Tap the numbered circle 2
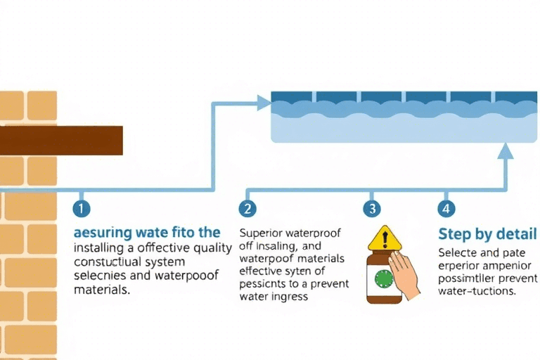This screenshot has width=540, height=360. (x=247, y=209)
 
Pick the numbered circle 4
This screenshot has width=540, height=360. (x=446, y=209)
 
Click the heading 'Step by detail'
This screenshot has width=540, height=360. (x=487, y=234)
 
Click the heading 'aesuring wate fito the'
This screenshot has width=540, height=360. (x=147, y=233)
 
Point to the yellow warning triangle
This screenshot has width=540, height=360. (x=385, y=238)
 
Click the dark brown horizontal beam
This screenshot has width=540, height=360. (x=61, y=141)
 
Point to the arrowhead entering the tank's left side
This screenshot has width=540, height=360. (x=264, y=103)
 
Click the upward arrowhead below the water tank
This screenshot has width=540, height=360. (x=506, y=150)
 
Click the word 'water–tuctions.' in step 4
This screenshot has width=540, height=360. (x=477, y=290)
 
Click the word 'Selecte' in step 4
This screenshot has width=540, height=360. (x=459, y=252)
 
